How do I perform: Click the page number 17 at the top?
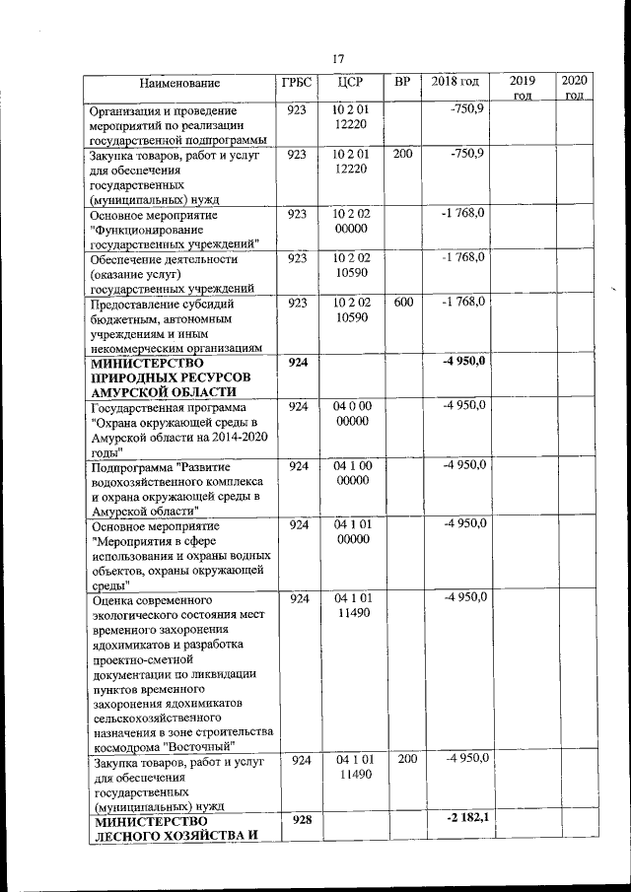click(x=338, y=57)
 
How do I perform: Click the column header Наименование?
click(x=178, y=83)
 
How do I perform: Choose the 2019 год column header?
click(x=523, y=87)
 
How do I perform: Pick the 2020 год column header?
click(x=575, y=87)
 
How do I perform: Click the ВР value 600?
click(x=403, y=303)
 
